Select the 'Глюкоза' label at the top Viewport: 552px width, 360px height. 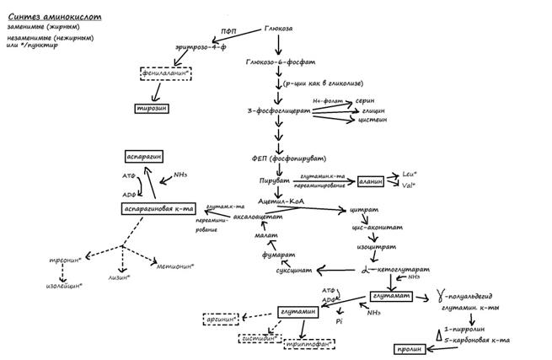click(x=279, y=29)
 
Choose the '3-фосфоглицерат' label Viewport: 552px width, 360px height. click(x=275, y=110)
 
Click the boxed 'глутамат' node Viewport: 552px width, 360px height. click(x=390, y=296)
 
